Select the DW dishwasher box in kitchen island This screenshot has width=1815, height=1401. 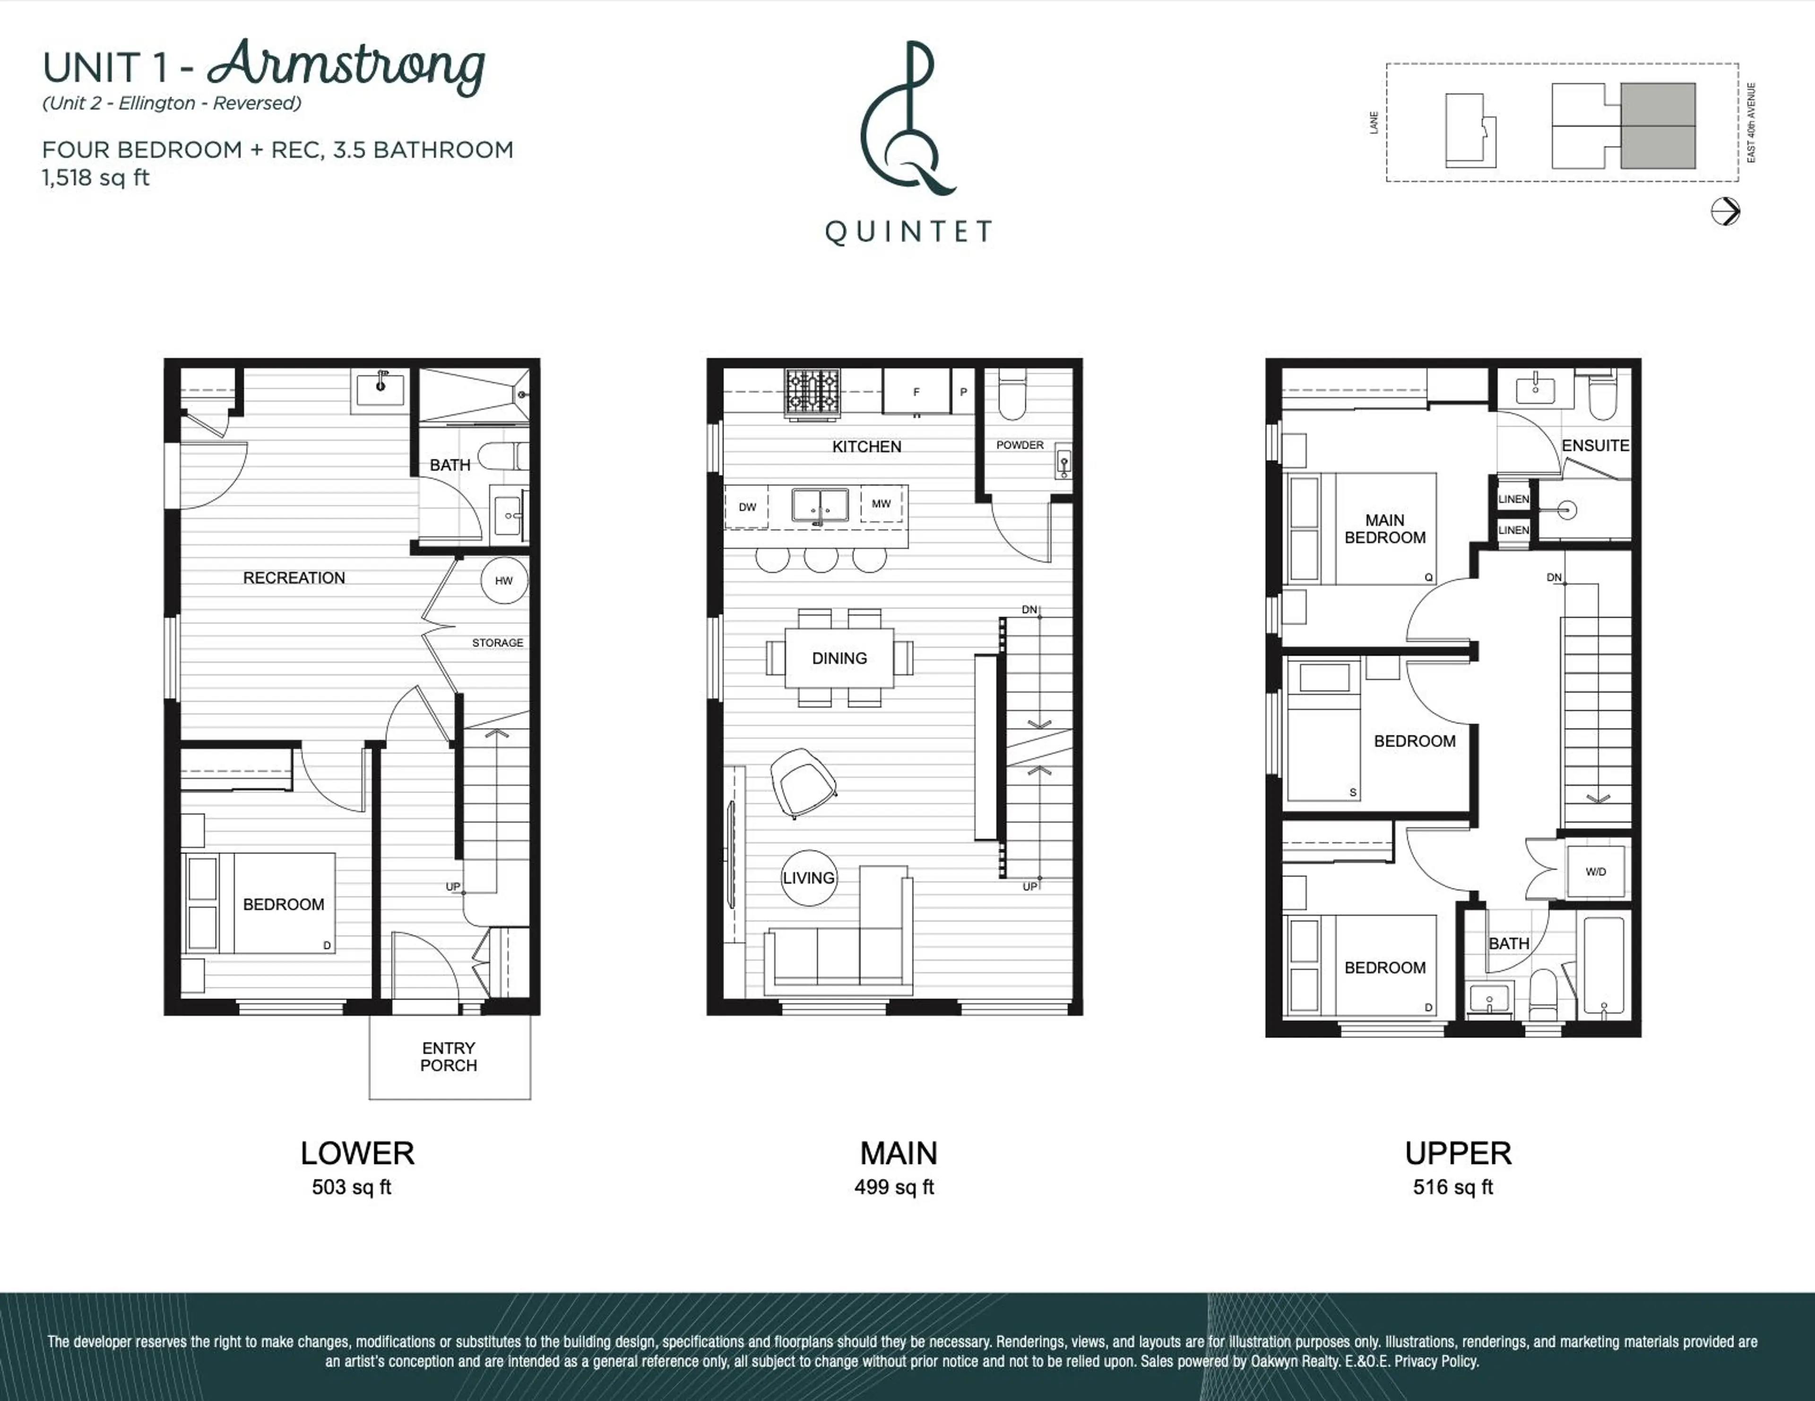point(747,507)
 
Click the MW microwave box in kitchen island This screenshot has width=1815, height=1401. point(881,503)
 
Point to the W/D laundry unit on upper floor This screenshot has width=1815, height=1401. point(1596,872)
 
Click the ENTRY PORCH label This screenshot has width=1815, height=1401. point(449,1057)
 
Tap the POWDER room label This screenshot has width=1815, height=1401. point(1020,445)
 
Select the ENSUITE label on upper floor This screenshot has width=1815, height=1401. point(1595,445)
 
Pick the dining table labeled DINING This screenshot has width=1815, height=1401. point(839,658)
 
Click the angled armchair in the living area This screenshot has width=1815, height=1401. point(802,782)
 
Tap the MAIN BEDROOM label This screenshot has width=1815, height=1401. point(1384,528)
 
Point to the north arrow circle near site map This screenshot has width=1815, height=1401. point(1725,211)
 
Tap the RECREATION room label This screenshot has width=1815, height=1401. point(294,578)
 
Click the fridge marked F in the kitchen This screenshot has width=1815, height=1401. point(916,391)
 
